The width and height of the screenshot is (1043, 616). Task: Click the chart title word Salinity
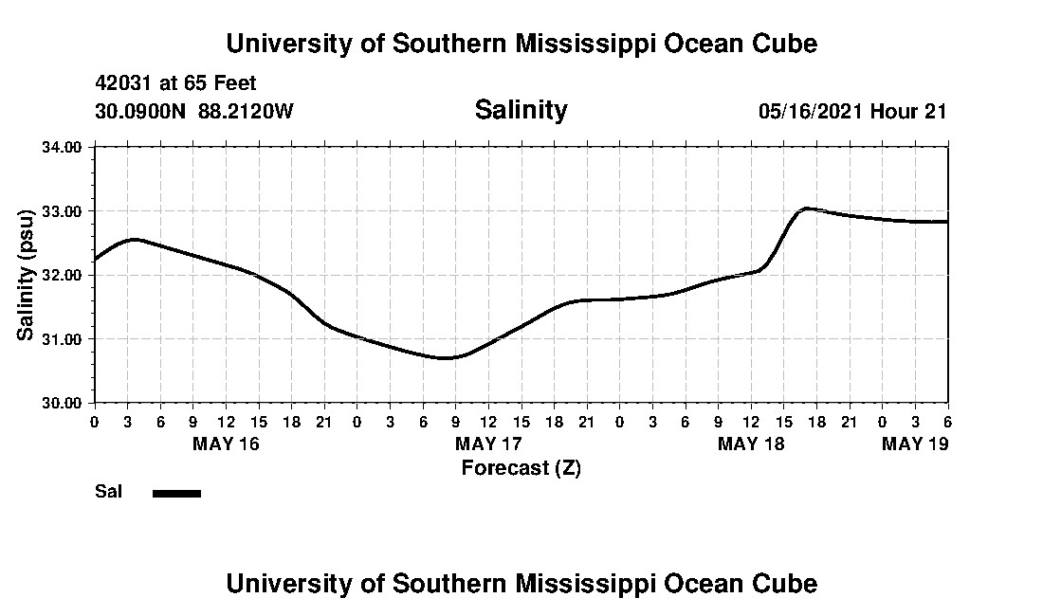521,110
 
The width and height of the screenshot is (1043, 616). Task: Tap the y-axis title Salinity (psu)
27,275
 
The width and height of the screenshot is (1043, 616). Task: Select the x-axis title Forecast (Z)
521,467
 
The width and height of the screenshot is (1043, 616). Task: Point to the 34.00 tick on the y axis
63,147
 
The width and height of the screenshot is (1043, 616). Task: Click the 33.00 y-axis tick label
63,211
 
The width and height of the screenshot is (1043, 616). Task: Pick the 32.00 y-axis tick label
63,275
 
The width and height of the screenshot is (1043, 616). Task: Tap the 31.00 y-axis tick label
63,339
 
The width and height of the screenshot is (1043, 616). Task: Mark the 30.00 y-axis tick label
63,403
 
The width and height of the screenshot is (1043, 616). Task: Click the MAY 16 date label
226,444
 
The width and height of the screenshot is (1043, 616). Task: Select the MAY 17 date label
488,444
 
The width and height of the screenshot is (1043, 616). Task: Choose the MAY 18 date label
751,444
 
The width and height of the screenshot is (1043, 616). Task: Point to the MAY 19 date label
915,444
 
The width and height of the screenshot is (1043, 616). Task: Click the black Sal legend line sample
176,493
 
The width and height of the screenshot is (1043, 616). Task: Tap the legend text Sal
107,492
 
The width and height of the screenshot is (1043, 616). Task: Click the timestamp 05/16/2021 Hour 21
852,111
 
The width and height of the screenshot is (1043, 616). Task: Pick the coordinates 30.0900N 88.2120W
194,111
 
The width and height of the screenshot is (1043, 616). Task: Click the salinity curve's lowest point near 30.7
447,358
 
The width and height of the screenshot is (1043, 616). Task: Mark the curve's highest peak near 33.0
805,208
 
